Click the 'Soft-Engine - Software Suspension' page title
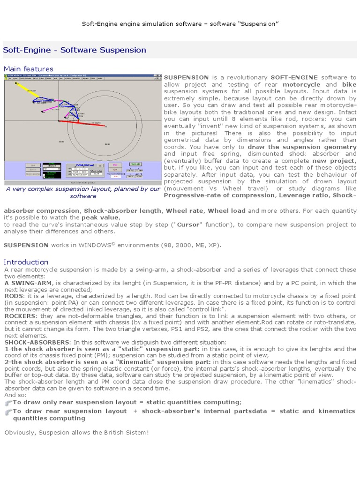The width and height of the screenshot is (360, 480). pos(75,50)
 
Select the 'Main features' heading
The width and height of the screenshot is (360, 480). pos(29,69)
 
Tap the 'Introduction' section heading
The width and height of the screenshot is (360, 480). pos(26,262)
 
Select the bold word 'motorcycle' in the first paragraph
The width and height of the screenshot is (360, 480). pos(292,85)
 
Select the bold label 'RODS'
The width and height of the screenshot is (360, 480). pos(14,296)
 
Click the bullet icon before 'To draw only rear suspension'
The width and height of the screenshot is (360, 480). pos(7,403)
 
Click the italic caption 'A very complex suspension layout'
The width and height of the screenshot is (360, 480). pos(83,189)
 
